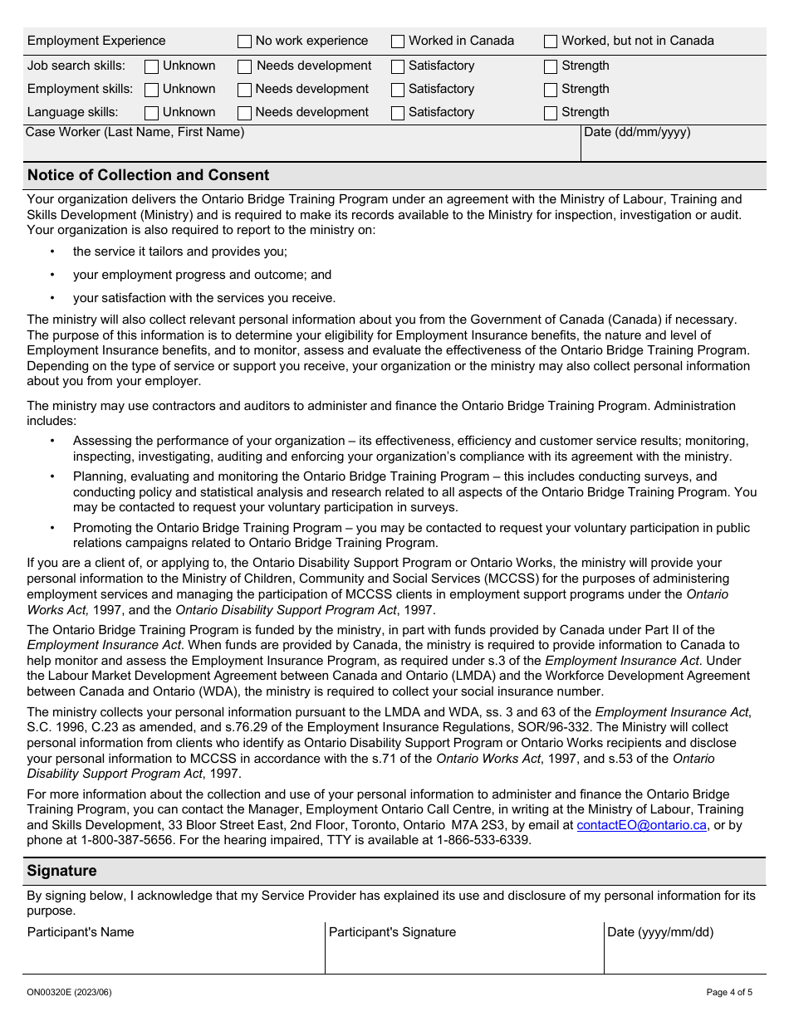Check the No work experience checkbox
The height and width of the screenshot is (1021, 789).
(x=244, y=42)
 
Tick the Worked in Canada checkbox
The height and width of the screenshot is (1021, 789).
(x=398, y=42)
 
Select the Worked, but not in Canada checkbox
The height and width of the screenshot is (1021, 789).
(x=551, y=42)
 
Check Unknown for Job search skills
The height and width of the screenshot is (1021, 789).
(x=151, y=66)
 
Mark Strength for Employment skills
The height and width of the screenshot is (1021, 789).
(x=551, y=90)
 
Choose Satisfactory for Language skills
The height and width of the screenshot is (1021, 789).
(x=398, y=113)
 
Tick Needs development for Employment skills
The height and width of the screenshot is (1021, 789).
(x=244, y=90)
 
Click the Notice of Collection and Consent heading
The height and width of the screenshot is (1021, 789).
(x=148, y=175)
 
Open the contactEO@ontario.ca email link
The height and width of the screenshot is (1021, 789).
(x=641, y=825)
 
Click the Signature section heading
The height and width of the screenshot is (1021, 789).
(x=61, y=871)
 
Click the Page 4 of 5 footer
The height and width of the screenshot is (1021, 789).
(x=729, y=992)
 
